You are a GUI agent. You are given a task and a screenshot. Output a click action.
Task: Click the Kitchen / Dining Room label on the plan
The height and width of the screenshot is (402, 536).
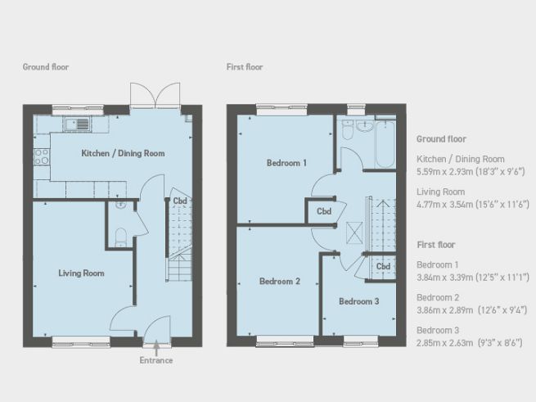click(x=123, y=153)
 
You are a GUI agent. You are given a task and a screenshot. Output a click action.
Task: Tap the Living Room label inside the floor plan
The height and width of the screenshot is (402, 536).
click(x=80, y=273)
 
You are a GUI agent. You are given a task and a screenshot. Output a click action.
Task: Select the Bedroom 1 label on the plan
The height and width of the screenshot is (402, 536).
click(x=286, y=163)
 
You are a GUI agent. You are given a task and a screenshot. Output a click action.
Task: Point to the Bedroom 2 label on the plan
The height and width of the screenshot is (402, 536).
click(x=280, y=281)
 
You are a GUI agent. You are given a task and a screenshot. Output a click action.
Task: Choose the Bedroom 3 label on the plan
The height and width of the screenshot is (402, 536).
click(x=359, y=301)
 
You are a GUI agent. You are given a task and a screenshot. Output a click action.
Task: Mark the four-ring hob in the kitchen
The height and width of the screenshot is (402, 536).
click(x=41, y=156)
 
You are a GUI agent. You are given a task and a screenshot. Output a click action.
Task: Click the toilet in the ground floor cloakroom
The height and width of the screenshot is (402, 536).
click(x=120, y=238)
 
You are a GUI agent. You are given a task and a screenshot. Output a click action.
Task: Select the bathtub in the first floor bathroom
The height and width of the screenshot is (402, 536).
click(x=385, y=145)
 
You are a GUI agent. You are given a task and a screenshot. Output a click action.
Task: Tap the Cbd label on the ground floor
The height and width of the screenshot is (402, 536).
click(x=178, y=201)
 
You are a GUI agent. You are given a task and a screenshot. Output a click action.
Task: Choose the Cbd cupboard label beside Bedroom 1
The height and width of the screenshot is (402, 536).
click(x=323, y=211)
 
